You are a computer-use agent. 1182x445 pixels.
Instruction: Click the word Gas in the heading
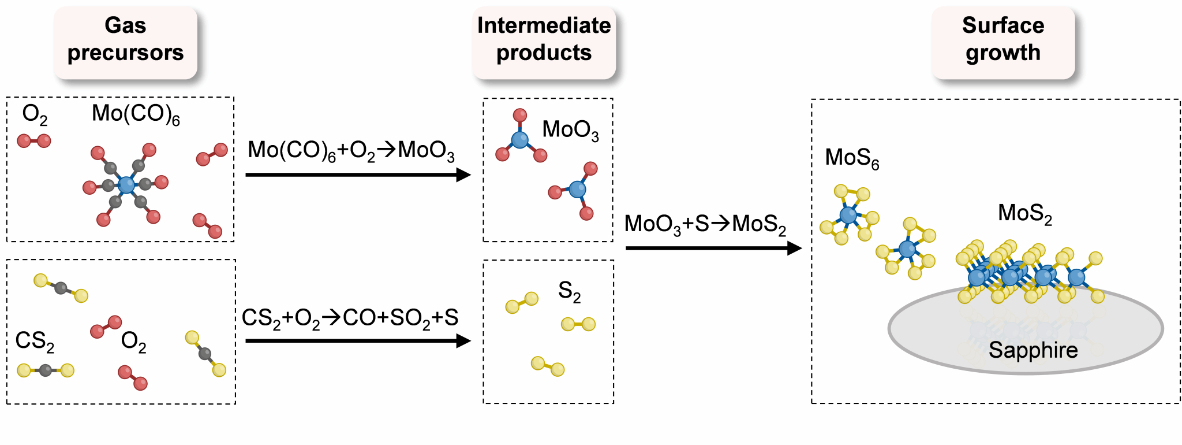[125, 25]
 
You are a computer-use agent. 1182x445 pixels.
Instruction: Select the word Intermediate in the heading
[544, 25]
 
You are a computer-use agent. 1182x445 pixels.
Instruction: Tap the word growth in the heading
[1003, 53]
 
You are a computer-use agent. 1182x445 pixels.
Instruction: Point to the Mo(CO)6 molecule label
[136, 114]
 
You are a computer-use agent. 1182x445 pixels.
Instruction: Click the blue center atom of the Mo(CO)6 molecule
[126, 185]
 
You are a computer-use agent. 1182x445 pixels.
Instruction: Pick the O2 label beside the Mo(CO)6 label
[35, 114]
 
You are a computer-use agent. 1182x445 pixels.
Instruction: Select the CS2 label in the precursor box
[35, 341]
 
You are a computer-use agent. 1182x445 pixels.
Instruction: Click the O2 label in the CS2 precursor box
[133, 342]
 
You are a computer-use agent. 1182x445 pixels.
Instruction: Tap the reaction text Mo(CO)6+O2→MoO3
[351, 151]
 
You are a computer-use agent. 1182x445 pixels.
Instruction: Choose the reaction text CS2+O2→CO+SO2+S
[350, 318]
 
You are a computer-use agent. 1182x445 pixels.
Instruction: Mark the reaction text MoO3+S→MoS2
[705, 224]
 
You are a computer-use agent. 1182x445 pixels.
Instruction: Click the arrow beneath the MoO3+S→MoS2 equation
[713, 249]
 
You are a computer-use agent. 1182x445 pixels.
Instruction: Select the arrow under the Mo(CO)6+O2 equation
[358, 175]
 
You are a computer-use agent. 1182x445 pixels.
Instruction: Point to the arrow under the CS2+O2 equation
[358, 341]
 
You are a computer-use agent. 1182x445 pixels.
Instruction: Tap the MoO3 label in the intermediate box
[570, 130]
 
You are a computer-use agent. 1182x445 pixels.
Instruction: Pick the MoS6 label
[852, 158]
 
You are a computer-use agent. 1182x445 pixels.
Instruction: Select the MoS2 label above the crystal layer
[1025, 213]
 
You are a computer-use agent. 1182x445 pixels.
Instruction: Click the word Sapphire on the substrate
[1033, 350]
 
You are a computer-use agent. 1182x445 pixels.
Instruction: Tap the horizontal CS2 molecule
[46, 370]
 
